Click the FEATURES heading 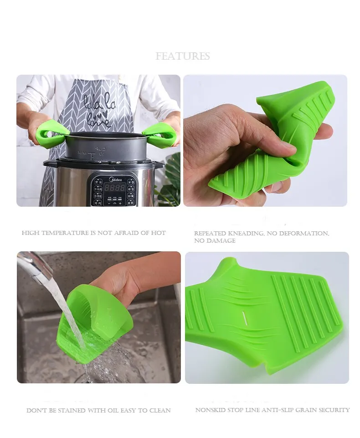point(182,56)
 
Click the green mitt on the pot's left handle point(50,132)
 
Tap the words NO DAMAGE point(215,241)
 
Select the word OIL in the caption point(114,411)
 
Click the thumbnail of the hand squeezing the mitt point(265,140)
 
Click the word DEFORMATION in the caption point(306,234)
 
